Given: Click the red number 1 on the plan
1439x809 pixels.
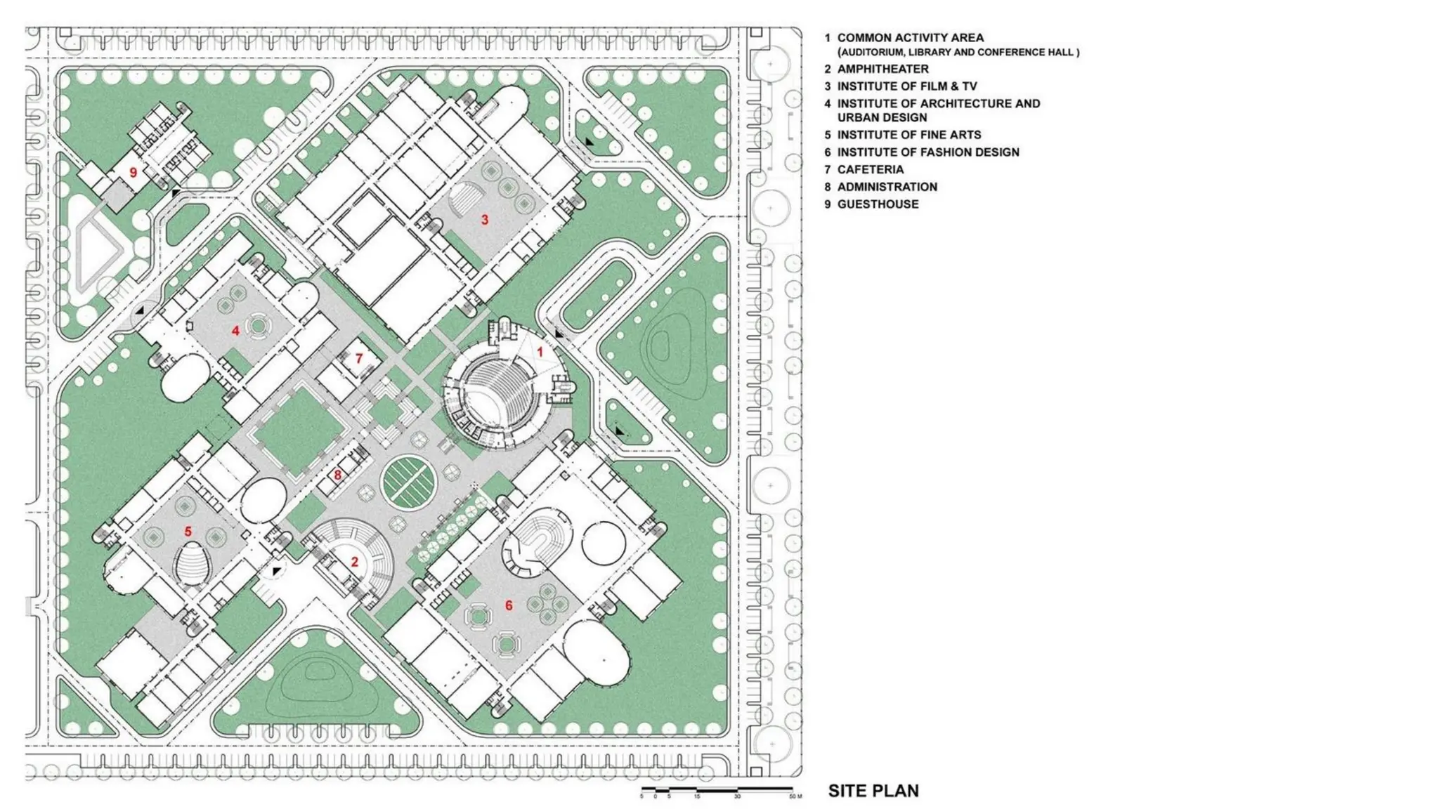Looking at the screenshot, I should point(540,351).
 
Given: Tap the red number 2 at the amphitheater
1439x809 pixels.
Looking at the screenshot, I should point(355,562).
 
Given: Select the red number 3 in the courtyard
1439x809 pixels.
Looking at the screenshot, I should point(484,220).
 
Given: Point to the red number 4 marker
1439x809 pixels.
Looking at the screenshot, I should point(235,331).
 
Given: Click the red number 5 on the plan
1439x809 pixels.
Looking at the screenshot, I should point(188,532).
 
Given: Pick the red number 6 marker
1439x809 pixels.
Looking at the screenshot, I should point(509,605).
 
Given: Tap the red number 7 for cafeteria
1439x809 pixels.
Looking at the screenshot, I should point(359,359).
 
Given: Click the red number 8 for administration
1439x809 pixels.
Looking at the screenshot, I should point(337,475).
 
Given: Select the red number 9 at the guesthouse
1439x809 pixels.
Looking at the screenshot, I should point(133,172).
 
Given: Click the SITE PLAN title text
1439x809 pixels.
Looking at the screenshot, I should point(873,791).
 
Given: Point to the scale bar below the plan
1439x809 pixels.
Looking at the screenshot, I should point(717,791).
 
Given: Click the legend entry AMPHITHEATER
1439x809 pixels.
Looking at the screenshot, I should point(883,69).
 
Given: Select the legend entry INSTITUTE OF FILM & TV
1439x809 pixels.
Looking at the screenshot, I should point(906,86).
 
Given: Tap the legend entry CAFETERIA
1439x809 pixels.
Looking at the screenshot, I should point(870,169).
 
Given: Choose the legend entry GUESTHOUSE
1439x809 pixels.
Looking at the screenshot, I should point(878,204).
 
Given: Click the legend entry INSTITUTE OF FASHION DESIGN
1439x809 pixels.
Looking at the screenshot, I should point(927,152).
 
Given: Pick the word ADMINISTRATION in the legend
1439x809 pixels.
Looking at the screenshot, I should point(887,187).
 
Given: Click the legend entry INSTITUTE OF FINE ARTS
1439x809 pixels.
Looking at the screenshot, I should point(909,135).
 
